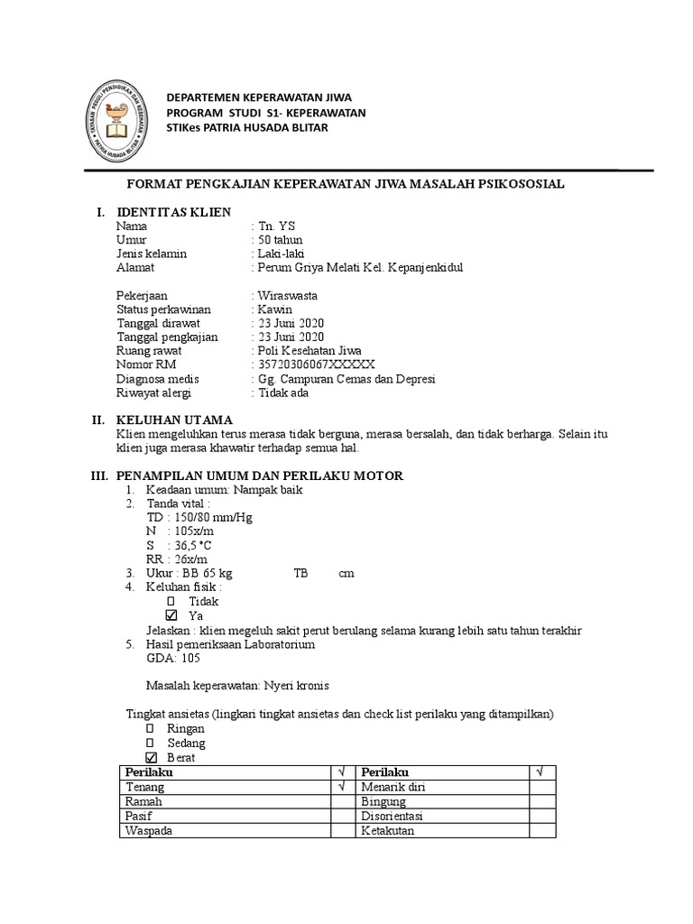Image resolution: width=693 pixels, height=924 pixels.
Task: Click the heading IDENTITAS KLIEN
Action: [x=173, y=211]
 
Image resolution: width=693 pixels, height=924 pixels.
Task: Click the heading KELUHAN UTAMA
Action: [x=174, y=420]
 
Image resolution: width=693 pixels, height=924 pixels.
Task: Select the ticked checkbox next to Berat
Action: [x=151, y=757]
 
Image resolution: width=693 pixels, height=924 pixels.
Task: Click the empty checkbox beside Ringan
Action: [x=151, y=728]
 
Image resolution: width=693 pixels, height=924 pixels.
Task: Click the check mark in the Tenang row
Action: [x=342, y=787]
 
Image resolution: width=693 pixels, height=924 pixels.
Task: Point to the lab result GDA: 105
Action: [x=167, y=658]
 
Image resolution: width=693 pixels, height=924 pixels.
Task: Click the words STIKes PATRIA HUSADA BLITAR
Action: [x=245, y=127]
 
